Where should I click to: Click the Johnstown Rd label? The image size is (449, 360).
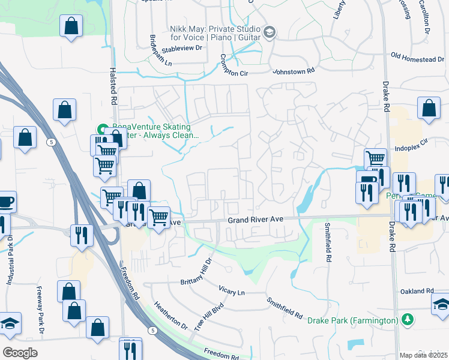pos(294,71)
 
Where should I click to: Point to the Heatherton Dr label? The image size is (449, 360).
pos(170,315)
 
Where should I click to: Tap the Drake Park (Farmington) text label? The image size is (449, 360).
pos(353,320)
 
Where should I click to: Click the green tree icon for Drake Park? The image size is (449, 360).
pos(408,319)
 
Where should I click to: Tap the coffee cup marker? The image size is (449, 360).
pos(5,202)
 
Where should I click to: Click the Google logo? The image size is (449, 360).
pos(20,352)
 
